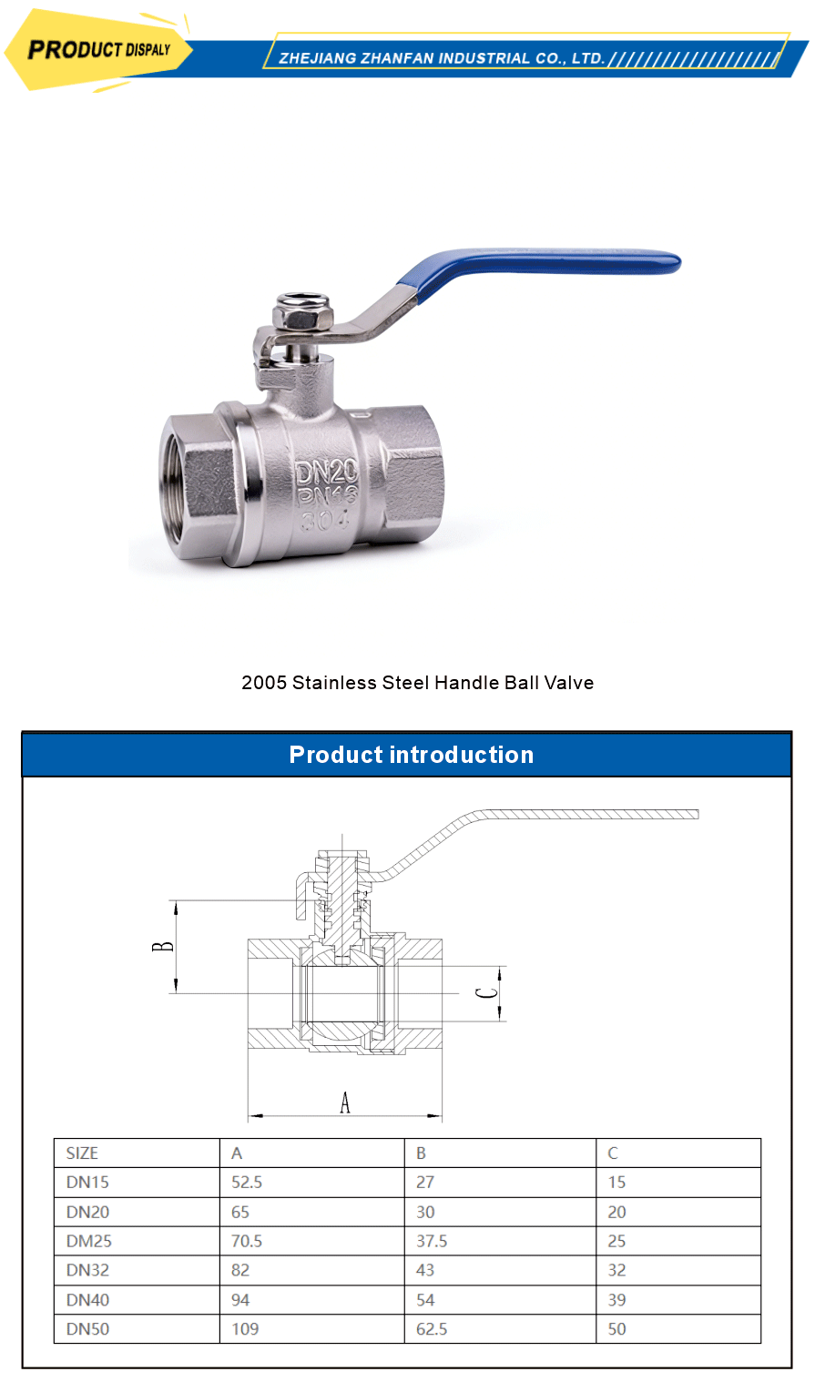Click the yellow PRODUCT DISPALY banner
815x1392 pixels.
pyautogui.click(x=98, y=50)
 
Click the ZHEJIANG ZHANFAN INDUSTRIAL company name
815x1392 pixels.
pyautogui.click(x=442, y=58)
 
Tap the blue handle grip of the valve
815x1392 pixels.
pyautogui.click(x=546, y=266)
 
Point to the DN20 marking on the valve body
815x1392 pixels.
pyautogui.click(x=326, y=472)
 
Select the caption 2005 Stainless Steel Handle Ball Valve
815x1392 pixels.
pyautogui.click(x=417, y=683)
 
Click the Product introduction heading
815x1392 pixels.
pyautogui.click(x=411, y=755)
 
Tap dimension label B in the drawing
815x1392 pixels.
pyautogui.click(x=163, y=947)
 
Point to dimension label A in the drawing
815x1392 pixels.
pyautogui.click(x=345, y=1102)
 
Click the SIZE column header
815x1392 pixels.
pyautogui.click(x=82, y=1153)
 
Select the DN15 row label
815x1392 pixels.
pyautogui.click(x=87, y=1183)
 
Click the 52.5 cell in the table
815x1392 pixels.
pyautogui.click(x=247, y=1183)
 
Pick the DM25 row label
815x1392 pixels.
pyautogui.click(x=89, y=1241)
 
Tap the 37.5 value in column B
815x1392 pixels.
pyautogui.click(x=432, y=1241)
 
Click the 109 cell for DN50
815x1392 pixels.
pyautogui.click(x=245, y=1329)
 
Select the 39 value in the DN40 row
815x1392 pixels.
pyautogui.click(x=616, y=1300)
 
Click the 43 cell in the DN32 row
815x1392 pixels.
pyautogui.click(x=425, y=1270)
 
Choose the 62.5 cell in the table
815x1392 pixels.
pyautogui.click(x=432, y=1329)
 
